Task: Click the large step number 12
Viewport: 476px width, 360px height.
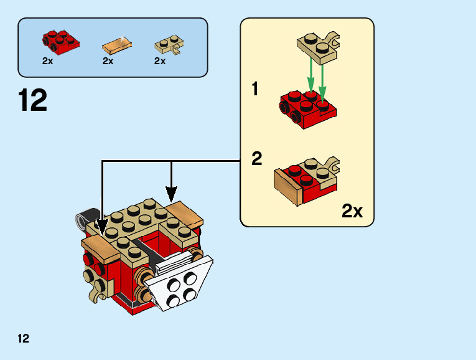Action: [33, 101]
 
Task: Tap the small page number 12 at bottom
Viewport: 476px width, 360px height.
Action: [24, 339]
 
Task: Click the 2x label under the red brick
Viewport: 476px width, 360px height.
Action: [48, 61]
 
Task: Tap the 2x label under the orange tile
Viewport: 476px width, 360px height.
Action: [108, 61]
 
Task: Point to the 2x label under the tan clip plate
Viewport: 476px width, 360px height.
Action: [160, 61]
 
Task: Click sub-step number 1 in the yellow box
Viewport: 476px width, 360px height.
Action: [255, 90]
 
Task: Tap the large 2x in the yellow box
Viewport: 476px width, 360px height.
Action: [352, 211]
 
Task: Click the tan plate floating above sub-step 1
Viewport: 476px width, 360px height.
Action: [317, 47]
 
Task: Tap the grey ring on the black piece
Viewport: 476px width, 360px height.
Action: [80, 219]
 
